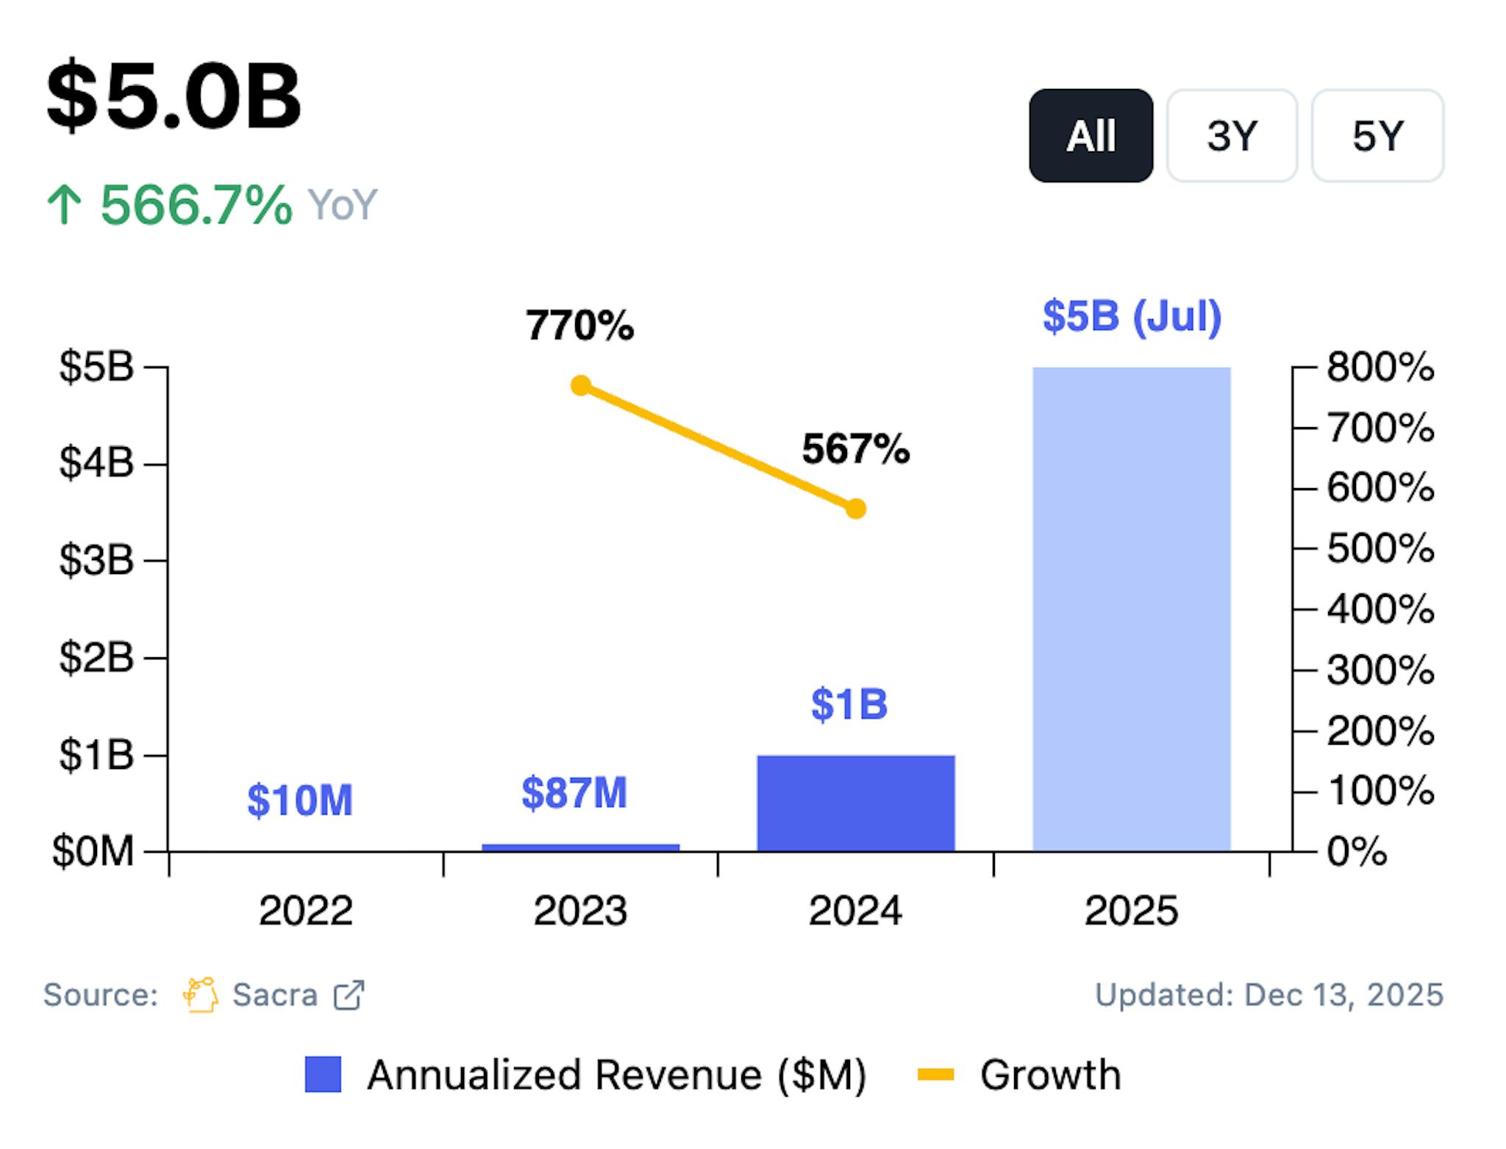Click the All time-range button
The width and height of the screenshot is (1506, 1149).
[1091, 136]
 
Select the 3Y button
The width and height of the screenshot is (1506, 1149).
[1232, 136]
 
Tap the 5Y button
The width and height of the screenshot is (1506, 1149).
[1377, 136]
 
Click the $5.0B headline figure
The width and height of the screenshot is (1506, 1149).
[174, 96]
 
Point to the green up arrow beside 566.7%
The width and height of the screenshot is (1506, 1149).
[65, 204]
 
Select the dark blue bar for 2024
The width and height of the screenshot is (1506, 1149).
[856, 803]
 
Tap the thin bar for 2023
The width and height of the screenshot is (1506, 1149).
[580, 848]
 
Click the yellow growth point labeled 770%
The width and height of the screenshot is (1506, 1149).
[581, 385]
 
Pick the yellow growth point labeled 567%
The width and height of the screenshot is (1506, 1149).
[855, 509]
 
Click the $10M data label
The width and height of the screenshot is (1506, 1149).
[300, 801]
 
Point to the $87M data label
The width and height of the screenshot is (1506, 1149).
[574, 793]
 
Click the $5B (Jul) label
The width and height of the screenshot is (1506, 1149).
[1132, 317]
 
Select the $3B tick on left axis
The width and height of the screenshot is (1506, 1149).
[96, 560]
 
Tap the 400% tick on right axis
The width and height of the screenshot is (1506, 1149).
[1380, 609]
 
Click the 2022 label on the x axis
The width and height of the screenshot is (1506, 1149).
[305, 911]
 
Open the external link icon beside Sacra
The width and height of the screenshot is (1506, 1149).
[349, 995]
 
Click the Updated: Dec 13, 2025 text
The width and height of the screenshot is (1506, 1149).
[1268, 995]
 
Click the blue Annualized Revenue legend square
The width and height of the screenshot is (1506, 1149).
[323, 1075]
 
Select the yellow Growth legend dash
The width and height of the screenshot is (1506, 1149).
[935, 1075]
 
